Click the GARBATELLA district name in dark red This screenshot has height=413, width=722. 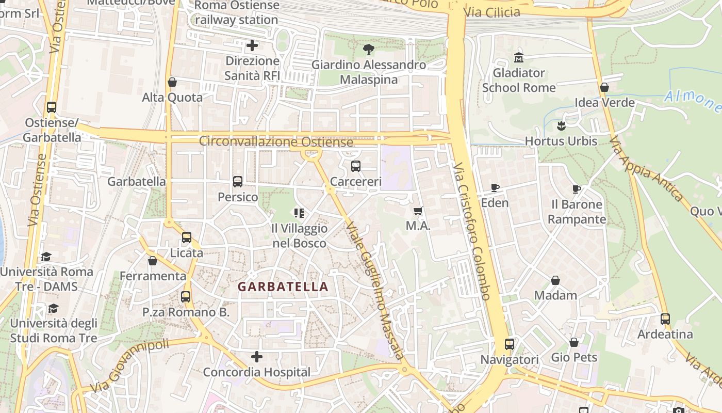283,287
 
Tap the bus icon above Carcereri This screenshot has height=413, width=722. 356,166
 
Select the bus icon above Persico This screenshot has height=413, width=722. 238,182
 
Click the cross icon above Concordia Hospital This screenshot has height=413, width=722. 256,357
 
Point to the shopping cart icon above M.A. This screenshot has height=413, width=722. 418,211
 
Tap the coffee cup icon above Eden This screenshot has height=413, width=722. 495,187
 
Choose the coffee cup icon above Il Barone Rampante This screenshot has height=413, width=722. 577,189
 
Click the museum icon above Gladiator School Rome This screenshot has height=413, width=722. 518,57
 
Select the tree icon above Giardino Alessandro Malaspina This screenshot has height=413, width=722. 369,50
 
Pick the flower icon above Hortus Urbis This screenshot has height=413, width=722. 561,125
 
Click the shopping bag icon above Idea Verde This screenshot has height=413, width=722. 604,87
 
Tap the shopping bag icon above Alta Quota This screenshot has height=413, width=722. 172,82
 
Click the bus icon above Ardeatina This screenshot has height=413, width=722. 665,319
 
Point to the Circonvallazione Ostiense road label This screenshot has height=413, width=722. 276,141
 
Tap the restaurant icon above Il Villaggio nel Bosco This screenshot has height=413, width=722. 299,213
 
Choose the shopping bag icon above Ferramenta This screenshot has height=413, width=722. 153,261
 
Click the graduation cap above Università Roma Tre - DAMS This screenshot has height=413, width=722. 46,257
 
